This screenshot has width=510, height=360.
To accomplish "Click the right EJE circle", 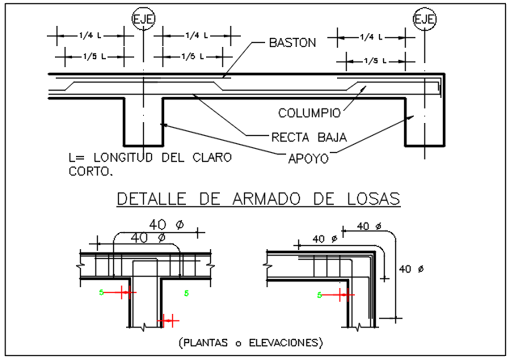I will [424, 17].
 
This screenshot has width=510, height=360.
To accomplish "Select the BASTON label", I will [293, 42].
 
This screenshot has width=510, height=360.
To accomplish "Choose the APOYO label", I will [308, 159].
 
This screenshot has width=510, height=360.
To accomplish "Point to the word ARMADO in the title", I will [268, 199].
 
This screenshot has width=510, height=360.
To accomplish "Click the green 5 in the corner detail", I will [319, 296].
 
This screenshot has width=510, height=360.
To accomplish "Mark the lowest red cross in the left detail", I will [167, 320].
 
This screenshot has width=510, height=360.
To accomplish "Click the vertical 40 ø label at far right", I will [415, 269].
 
